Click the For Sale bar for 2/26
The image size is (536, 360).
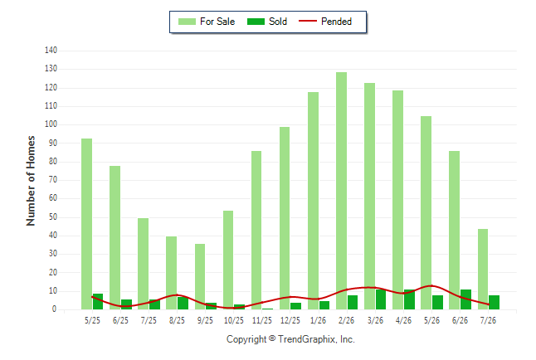[341, 191]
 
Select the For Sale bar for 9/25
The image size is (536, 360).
[200, 276]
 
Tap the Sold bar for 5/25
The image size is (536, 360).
[98, 302]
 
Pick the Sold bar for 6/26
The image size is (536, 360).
[465, 299]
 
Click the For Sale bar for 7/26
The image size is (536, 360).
[483, 269]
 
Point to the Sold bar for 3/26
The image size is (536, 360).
[381, 299]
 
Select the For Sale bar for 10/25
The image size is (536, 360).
[228, 260]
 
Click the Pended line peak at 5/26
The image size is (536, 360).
[431, 285]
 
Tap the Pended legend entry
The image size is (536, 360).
[325, 22]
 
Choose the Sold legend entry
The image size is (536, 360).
[267, 22]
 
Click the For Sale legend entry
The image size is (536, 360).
[207, 22]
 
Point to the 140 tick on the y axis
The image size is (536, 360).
[51, 51]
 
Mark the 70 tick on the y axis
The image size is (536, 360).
[52, 180]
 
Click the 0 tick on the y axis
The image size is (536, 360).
[55, 309]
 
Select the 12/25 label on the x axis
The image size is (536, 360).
[290, 320]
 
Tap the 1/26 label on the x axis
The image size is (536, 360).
[319, 320]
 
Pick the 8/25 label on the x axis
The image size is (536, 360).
[177, 320]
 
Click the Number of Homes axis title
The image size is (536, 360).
[31, 181]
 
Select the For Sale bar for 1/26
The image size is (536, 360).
[313, 201]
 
